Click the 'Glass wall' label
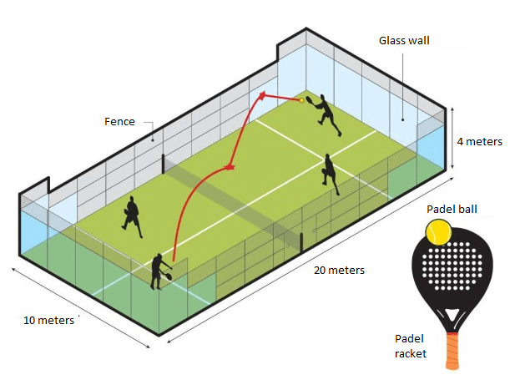click(x=404, y=40)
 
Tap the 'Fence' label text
click(x=119, y=121)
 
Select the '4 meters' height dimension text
click(x=479, y=142)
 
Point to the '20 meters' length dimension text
click(x=339, y=270)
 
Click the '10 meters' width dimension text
click(x=48, y=320)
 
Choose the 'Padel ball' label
click(x=452, y=209)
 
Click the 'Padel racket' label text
click(x=411, y=346)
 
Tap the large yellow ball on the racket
click(x=438, y=232)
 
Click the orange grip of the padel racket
click(x=452, y=351)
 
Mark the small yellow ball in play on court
click(x=301, y=100)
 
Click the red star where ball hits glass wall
click(x=262, y=95)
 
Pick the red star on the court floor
click(x=230, y=167)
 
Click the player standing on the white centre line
click(x=331, y=175)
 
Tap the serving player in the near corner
click(x=159, y=271)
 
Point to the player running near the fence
click(x=132, y=216)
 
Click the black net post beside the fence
click(x=164, y=164)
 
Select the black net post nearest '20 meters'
click(x=301, y=243)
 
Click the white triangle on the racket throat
click(x=452, y=315)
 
